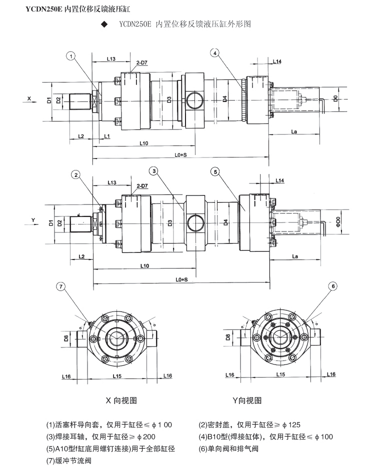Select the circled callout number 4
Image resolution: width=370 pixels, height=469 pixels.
[215, 52]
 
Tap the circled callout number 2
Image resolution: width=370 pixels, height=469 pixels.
[75, 174]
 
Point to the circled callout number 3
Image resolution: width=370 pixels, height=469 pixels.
[154, 171]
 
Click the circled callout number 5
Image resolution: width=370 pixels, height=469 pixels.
[215, 171]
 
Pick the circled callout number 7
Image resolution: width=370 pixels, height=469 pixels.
[332, 286]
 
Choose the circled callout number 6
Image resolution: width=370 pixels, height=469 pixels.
[60, 286]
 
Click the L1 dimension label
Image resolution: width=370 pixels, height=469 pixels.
[107, 136]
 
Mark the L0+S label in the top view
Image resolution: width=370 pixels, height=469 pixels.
[181, 155]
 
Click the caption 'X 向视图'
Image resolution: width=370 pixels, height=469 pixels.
[121, 400]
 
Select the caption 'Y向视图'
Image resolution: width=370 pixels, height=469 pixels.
[247, 400]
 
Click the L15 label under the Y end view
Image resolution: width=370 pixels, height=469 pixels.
[280, 374]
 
